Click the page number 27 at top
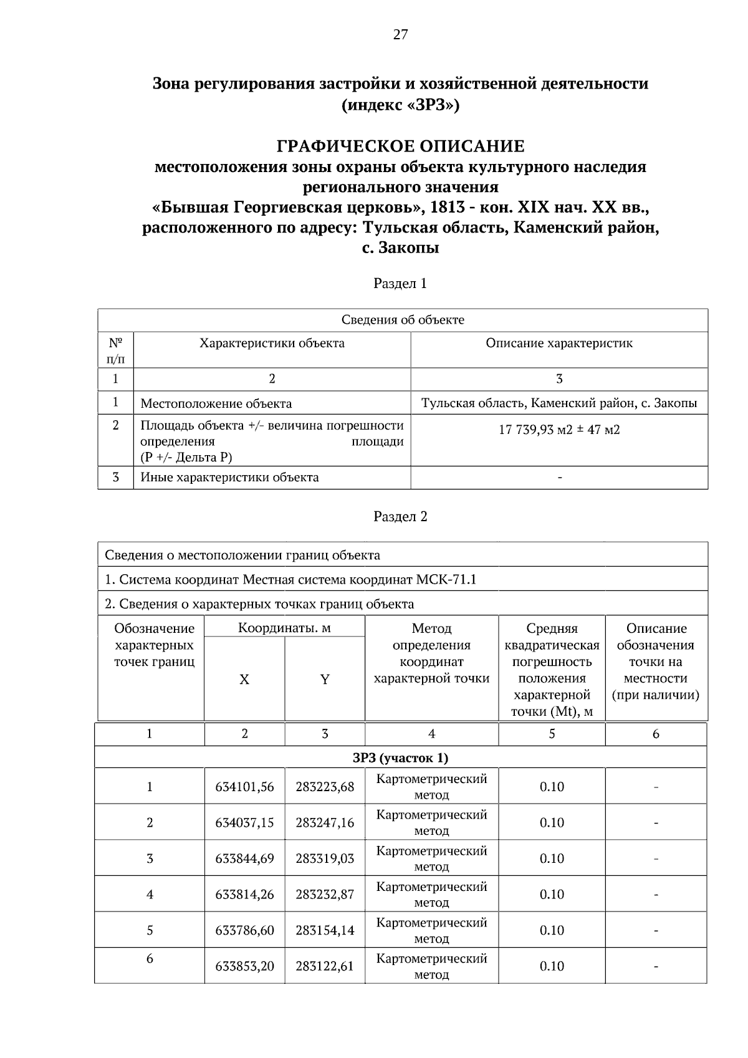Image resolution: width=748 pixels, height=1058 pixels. [x=400, y=35]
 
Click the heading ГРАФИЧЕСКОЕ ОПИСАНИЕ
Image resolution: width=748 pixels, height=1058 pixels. [x=400, y=147]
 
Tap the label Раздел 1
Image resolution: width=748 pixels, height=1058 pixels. [x=400, y=284]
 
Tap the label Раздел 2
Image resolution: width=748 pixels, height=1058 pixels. [x=400, y=517]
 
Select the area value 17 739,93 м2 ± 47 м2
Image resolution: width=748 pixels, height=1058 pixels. [x=559, y=430]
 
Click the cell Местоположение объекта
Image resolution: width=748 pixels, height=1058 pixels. [x=216, y=403]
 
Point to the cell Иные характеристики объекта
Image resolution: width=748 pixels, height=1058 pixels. [x=229, y=478]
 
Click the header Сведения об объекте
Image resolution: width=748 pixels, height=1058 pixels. [x=403, y=320]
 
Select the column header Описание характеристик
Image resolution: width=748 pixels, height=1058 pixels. [x=559, y=344]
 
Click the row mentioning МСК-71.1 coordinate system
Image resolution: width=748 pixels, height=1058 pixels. [x=290, y=580]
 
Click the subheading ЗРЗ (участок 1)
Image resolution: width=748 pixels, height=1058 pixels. [x=400, y=758]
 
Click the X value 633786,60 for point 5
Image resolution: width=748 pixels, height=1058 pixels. [x=244, y=931]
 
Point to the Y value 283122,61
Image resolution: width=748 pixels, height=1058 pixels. [x=325, y=967]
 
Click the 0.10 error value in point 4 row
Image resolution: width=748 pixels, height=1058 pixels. [x=552, y=895]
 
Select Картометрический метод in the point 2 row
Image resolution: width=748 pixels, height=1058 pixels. [x=431, y=823]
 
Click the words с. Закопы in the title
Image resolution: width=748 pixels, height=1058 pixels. [x=400, y=248]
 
